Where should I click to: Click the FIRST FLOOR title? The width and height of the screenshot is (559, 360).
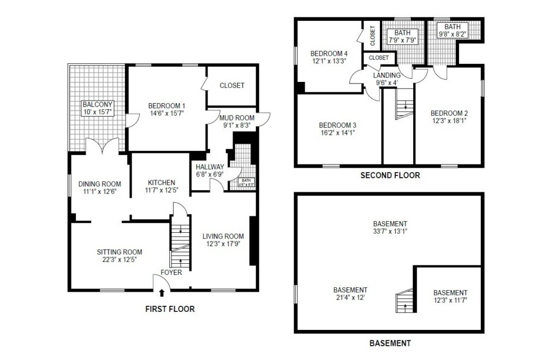click(x=170, y=309)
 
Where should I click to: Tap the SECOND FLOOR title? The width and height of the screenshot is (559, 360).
click(x=390, y=175)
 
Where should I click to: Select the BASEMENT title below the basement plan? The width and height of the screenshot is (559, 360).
click(x=390, y=343)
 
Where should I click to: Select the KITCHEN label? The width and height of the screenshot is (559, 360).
click(x=162, y=182)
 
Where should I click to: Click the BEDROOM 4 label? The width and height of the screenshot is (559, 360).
click(x=329, y=53)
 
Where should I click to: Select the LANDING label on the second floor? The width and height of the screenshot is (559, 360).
click(x=386, y=75)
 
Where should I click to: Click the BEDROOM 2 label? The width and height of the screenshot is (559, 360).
click(x=449, y=113)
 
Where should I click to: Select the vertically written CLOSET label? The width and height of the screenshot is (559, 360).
click(x=373, y=36)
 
